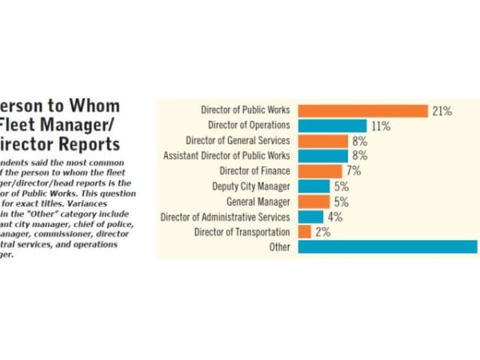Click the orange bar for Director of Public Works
[362, 111]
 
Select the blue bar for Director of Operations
[332, 126]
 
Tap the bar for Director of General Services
[322, 141]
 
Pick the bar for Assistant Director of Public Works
[322, 155]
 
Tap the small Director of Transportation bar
[304, 231]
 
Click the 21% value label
[442, 111]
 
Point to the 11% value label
[380, 126]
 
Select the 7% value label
[354, 171]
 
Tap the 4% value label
[334, 217]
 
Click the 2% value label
[322, 232]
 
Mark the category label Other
[280, 247]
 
